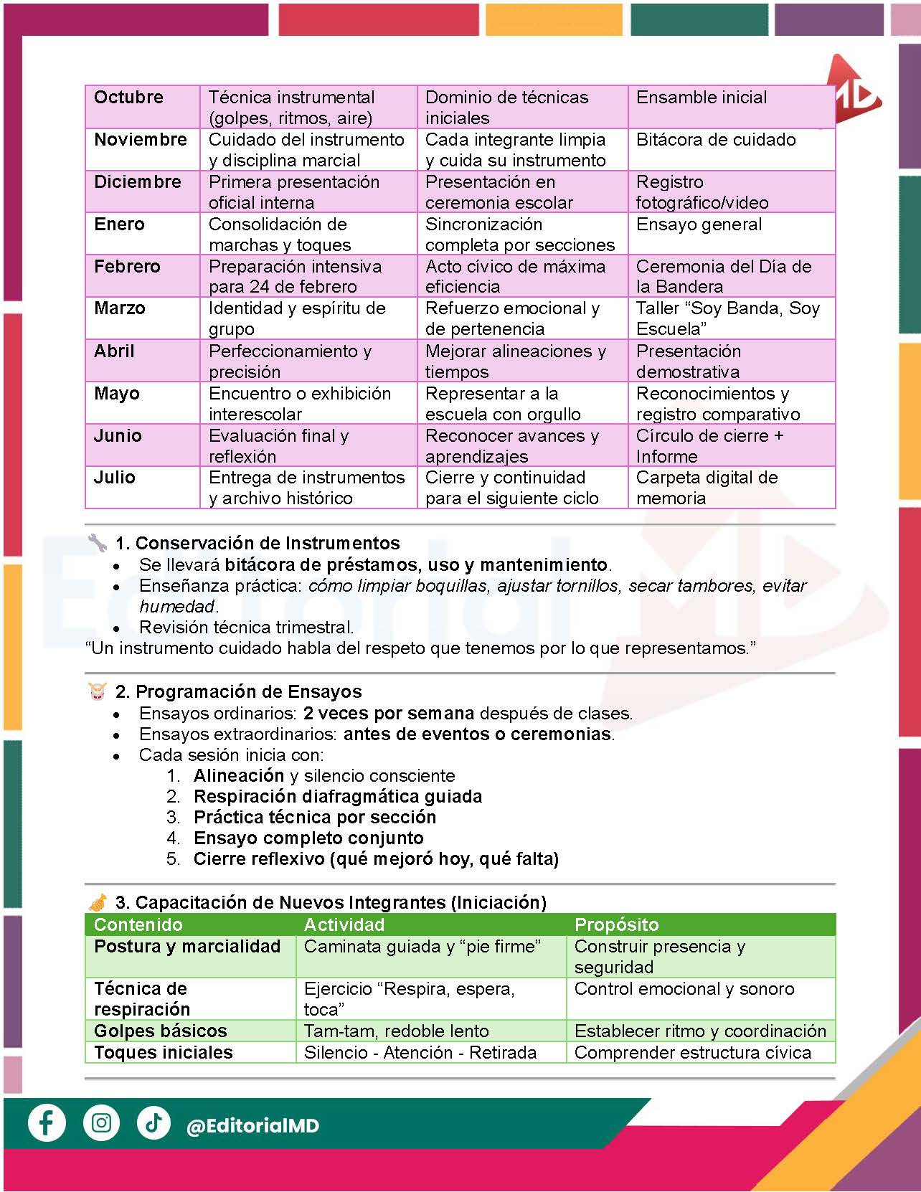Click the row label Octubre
[x=129, y=98]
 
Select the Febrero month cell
[x=128, y=267]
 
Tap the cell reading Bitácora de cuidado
[x=716, y=140]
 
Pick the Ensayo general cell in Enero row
[x=699, y=224]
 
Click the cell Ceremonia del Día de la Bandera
[x=723, y=276]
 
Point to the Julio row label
[x=115, y=478]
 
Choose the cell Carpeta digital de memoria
[x=707, y=488]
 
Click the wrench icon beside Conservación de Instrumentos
[x=97, y=542]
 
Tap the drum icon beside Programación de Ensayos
[x=97, y=691]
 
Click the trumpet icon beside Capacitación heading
[x=98, y=902]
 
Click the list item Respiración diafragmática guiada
[x=337, y=796]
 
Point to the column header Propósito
[x=616, y=924]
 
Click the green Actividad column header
[x=344, y=924]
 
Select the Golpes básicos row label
[x=161, y=1031]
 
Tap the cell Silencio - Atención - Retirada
[x=420, y=1052]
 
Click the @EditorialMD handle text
[x=252, y=1126]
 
